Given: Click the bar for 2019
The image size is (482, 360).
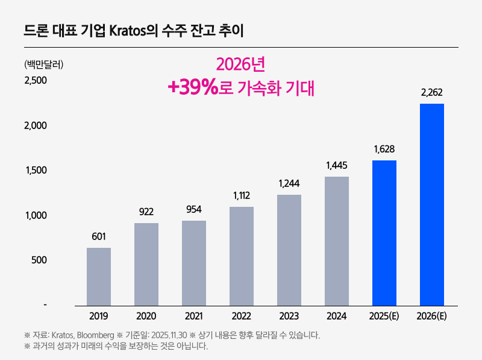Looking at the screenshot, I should tap(99, 276).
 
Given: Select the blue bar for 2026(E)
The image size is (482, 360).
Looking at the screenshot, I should tap(432, 204).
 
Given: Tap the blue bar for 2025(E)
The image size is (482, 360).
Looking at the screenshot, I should tap(384, 233).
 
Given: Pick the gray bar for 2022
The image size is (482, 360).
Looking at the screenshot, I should tap(242, 256).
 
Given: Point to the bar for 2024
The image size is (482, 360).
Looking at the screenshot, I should tap(337, 241).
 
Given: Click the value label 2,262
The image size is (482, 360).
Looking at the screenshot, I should tap(432, 92).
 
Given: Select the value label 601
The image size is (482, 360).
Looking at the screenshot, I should tap(99, 236).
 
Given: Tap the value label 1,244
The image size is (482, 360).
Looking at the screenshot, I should tap(289, 183).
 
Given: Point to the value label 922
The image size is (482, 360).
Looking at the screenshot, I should tap(146, 212).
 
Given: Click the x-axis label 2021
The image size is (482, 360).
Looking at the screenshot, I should tap(193, 316).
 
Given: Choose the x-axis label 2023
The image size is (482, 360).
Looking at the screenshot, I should tap(289, 316).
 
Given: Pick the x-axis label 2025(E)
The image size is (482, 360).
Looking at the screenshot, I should tap(384, 316).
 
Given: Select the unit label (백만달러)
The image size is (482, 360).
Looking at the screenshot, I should tap(43, 64).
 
